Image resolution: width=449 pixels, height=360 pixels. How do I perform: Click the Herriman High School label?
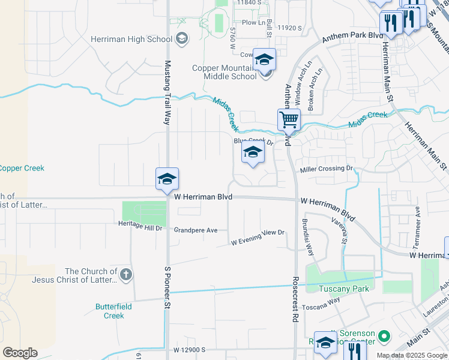pos(131,39)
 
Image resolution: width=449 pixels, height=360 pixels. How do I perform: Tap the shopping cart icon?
pos(289,120)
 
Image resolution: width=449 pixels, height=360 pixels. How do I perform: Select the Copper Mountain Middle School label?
pos(224,72)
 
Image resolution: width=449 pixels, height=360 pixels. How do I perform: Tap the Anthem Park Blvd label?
pos(352,37)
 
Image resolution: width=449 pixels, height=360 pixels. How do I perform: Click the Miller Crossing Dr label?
pos(327,169)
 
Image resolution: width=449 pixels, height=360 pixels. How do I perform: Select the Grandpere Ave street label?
pos(195,230)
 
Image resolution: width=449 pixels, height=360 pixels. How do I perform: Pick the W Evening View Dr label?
pos(258,237)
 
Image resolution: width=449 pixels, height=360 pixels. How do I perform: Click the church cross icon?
pos(125,275)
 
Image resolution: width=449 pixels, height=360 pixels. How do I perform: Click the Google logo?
pos(20,353)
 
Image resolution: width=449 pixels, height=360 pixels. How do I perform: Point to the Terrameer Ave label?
pos(417,229)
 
